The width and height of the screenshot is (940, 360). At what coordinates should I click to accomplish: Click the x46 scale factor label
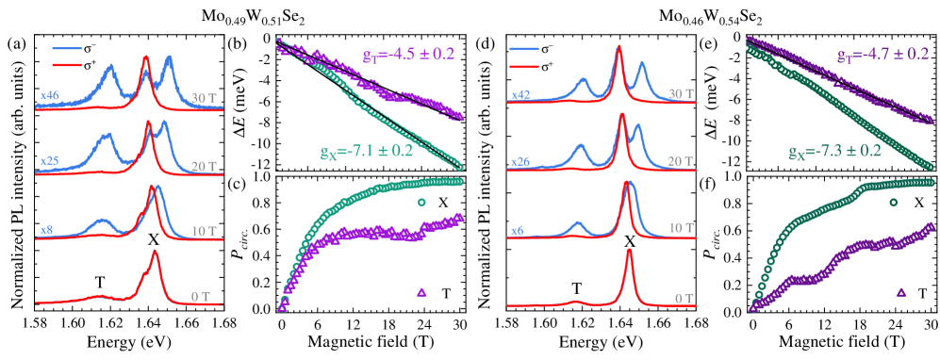[x=50, y=95]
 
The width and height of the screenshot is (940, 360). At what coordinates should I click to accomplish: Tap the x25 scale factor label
[x=50, y=161]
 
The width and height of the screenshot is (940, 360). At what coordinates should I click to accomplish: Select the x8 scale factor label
[x=46, y=229]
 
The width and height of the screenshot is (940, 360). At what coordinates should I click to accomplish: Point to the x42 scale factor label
[x=519, y=95]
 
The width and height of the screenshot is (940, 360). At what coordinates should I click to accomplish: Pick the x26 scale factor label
[x=519, y=161]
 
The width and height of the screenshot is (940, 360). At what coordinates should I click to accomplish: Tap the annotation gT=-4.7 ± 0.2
[x=882, y=56]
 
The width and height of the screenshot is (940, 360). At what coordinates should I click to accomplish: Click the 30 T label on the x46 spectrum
[x=204, y=97]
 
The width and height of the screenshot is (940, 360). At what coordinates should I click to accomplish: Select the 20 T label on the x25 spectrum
[x=204, y=165]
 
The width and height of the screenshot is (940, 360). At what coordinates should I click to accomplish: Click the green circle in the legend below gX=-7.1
[x=421, y=203]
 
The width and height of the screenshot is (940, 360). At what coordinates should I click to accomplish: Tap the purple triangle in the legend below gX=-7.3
[x=901, y=293]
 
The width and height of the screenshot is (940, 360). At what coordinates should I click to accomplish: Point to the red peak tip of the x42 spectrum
[x=618, y=49]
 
